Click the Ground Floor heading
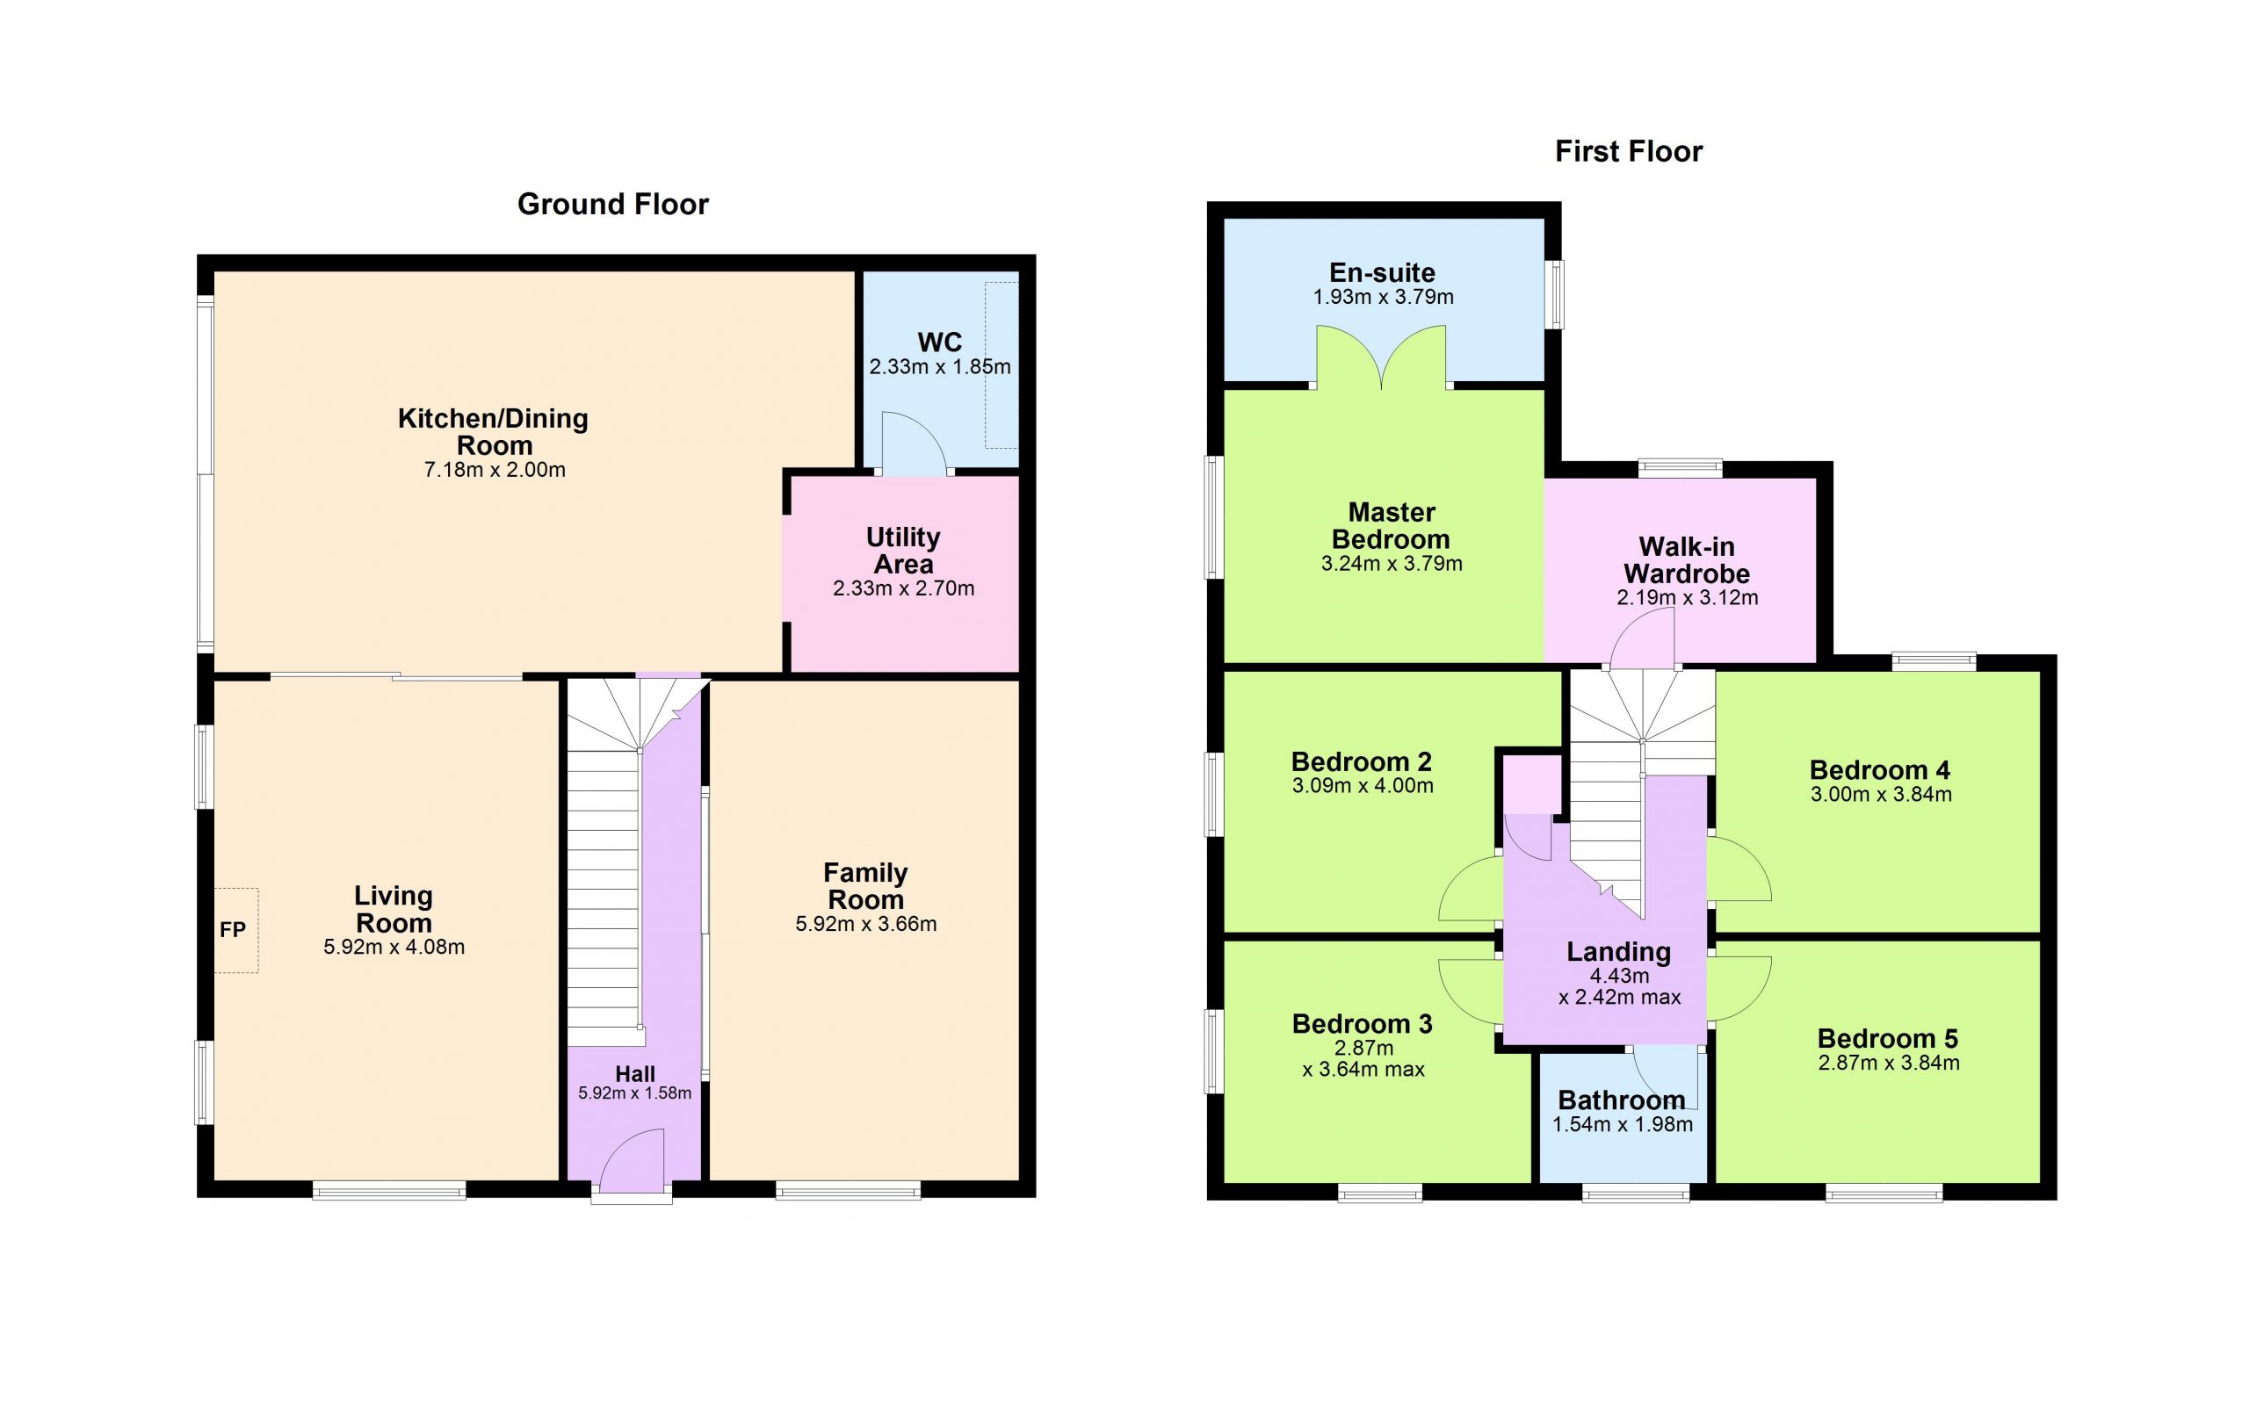(612, 205)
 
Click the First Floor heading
(1628, 151)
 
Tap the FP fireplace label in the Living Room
(233, 929)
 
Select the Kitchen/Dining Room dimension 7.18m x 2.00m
(495, 470)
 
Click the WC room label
(940, 342)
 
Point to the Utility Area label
(903, 550)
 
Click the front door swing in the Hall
(633, 1161)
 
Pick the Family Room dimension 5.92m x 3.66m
(866, 924)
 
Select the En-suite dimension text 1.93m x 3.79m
(1383, 297)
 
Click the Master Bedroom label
(1391, 525)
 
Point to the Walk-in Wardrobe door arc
(1641, 637)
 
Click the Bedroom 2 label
(1361, 761)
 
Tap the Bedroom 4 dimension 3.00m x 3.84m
(1881, 794)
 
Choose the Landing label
(1618, 952)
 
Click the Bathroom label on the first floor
(1622, 1100)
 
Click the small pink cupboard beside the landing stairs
(1532, 784)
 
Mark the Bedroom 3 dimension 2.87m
(1363, 1048)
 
